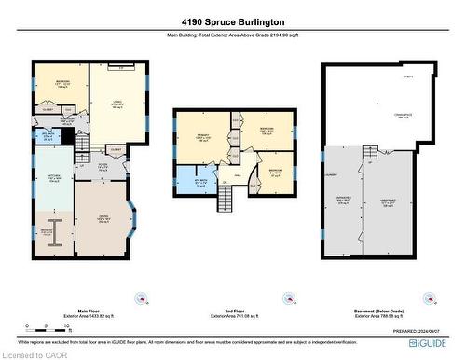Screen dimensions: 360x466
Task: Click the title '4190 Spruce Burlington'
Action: pyautogui.click(x=232, y=21)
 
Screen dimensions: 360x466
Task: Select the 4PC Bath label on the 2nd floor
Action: pyautogui.click(x=199, y=182)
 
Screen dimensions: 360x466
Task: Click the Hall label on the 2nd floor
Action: pyautogui.click(x=239, y=173)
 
